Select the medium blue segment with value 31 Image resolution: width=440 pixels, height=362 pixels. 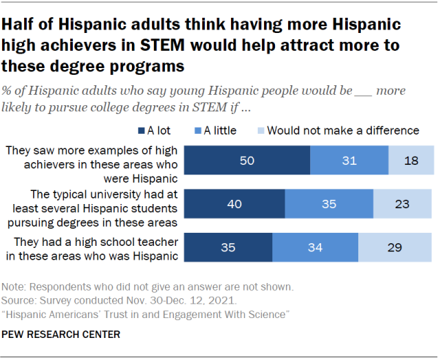pyautogui.click(x=349, y=161)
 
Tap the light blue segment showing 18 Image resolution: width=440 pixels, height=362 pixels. pyautogui.click(x=411, y=161)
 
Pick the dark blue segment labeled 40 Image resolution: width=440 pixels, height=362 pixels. pyautogui.click(x=234, y=203)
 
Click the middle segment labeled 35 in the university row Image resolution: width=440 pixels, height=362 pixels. pyautogui.click(x=329, y=203)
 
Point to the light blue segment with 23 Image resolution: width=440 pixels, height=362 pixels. pyautogui.click(x=404, y=203)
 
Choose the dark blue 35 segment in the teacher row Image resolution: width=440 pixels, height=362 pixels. pyautogui.click(x=229, y=246)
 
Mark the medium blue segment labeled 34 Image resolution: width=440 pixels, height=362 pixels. pyautogui.click(x=315, y=246)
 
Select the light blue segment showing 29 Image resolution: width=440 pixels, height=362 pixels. pyautogui.click(x=396, y=246)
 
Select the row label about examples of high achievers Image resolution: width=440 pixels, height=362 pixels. pyautogui.click(x=92, y=160)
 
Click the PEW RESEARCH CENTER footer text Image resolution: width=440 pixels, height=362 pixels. pyautogui.click(x=62, y=335)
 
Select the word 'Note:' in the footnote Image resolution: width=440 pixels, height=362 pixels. pyautogui.click(x=15, y=286)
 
